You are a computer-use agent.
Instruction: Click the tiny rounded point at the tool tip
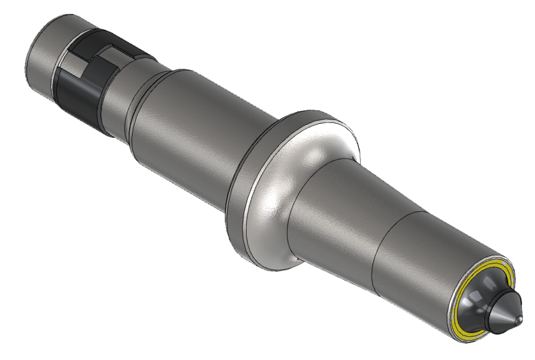click(x=519, y=317)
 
